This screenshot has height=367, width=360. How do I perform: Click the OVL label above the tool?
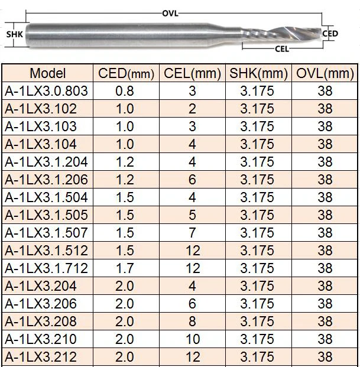click(170, 14)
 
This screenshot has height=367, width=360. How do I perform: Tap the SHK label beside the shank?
click(15, 34)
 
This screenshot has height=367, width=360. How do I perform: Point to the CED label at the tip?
click(330, 34)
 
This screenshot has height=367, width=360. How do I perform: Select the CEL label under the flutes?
click(282, 49)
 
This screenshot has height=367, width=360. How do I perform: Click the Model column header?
click(48, 73)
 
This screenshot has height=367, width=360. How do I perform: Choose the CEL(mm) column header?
click(192, 73)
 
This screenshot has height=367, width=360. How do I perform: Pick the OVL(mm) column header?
click(325, 73)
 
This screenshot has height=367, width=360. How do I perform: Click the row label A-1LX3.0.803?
click(46, 91)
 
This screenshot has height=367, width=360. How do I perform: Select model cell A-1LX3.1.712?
click(46, 268)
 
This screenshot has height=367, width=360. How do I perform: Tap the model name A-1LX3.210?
click(41, 339)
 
